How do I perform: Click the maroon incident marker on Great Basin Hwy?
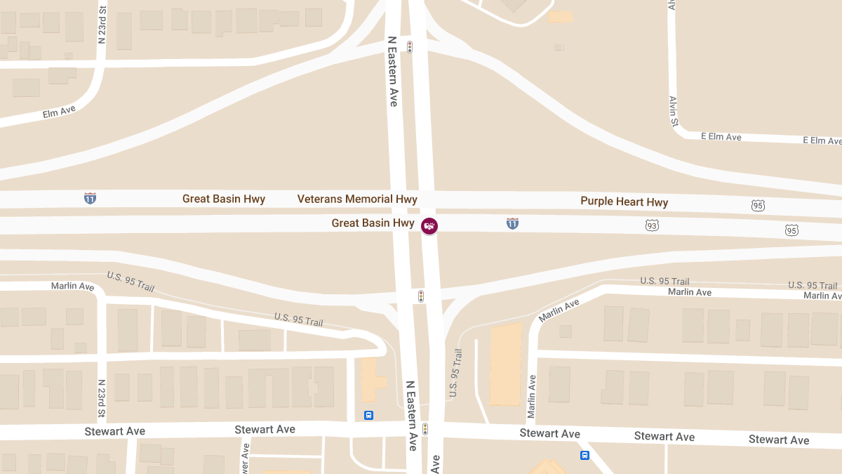point(429,226)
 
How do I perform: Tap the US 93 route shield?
point(653,225)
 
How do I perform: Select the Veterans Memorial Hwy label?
point(357,199)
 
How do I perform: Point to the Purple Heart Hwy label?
point(624,202)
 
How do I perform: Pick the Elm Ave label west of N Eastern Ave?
point(59,112)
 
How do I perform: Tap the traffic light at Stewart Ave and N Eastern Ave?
point(425,428)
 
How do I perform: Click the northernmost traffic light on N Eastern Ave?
point(410,47)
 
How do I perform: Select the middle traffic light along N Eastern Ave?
point(421,296)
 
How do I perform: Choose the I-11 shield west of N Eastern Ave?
point(90,199)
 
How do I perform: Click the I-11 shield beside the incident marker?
point(513,223)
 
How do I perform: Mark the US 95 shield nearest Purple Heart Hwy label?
point(758,206)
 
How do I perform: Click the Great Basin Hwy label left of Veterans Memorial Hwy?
point(224,199)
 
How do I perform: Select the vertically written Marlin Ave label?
point(531,396)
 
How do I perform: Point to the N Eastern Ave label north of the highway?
point(393,72)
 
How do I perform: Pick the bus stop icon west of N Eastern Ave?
point(368,415)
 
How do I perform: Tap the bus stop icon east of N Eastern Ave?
point(584,455)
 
